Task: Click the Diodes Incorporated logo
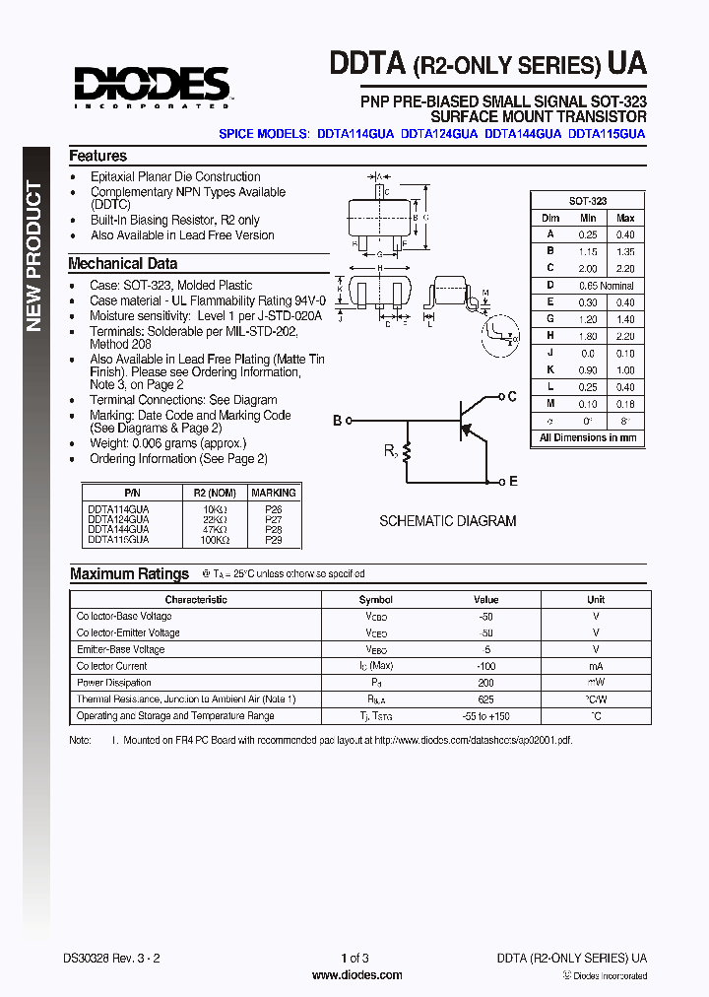(x=152, y=86)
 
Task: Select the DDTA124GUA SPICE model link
(x=439, y=133)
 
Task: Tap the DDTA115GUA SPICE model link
(x=607, y=133)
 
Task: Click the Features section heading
(x=97, y=156)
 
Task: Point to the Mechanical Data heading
(x=122, y=263)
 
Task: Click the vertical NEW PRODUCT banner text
(x=34, y=256)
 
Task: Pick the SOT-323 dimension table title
(x=588, y=200)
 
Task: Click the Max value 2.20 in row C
(x=625, y=268)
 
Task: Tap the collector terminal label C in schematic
(x=511, y=396)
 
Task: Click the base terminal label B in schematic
(x=337, y=421)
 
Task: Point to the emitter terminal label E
(x=512, y=482)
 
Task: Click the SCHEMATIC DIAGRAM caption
(x=447, y=521)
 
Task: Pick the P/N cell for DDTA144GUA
(x=118, y=529)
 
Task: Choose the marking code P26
(x=273, y=509)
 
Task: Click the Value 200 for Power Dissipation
(x=485, y=683)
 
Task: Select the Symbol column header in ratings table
(x=375, y=599)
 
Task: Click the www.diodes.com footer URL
(x=356, y=975)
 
